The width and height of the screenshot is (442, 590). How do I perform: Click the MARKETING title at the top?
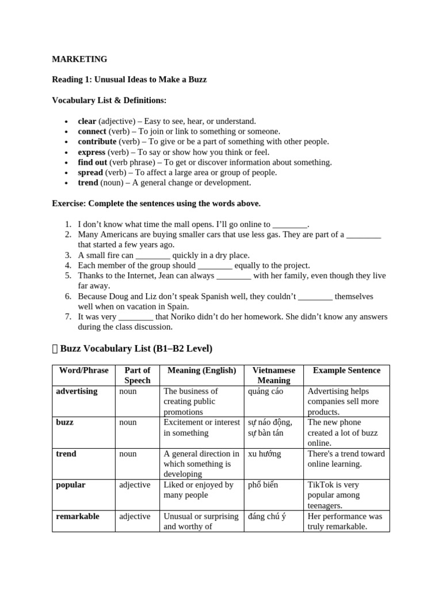(x=79, y=59)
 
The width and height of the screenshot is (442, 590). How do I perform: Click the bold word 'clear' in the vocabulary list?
(x=87, y=121)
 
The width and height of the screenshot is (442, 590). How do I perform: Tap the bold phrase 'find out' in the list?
(x=93, y=162)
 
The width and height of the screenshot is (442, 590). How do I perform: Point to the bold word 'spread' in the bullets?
(x=90, y=173)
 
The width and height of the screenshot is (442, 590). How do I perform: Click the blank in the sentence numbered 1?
(x=290, y=225)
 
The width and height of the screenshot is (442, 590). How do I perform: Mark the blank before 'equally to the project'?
(x=215, y=266)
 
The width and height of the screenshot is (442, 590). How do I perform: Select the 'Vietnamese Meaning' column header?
(x=274, y=375)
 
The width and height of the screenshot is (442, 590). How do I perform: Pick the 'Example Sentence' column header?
(x=346, y=370)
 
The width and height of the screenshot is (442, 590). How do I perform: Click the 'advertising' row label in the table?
(x=77, y=391)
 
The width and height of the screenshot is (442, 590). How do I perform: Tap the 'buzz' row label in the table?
(x=64, y=422)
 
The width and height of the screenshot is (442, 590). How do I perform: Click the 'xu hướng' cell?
(x=264, y=454)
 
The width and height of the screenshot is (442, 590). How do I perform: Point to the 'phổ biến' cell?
(x=262, y=485)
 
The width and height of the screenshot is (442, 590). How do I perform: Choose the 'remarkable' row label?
(x=78, y=517)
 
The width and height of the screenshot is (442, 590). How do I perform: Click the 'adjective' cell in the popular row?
(x=134, y=485)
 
